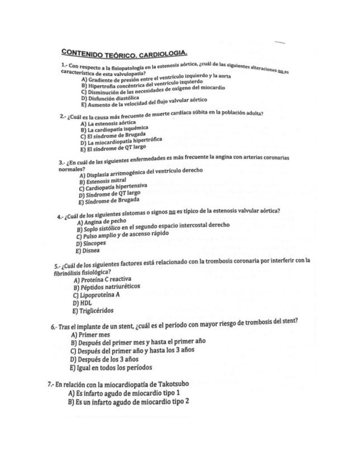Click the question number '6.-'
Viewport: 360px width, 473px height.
click(x=54, y=326)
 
